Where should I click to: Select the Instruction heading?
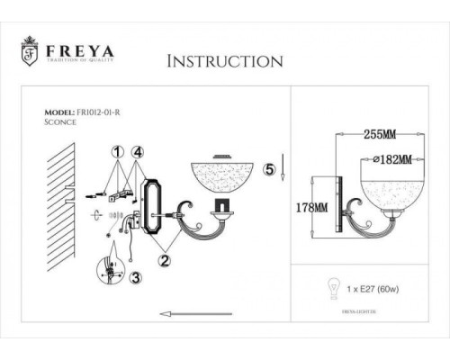click(x=226, y=61)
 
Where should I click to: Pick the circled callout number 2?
click(x=165, y=260)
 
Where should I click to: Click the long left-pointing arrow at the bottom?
click(x=208, y=314)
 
